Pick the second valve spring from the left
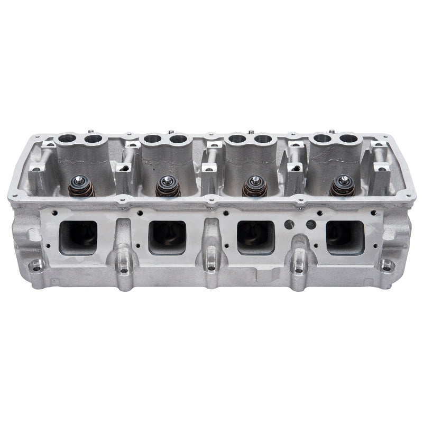(x=168, y=186)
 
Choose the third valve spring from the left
(x=255, y=186)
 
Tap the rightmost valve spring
(x=342, y=186)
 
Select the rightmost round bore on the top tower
(x=349, y=139)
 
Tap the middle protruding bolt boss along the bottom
(x=212, y=268)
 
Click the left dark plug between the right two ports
(x=288, y=223)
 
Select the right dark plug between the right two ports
(x=311, y=224)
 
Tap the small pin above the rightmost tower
(x=332, y=131)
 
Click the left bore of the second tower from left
(x=152, y=140)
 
